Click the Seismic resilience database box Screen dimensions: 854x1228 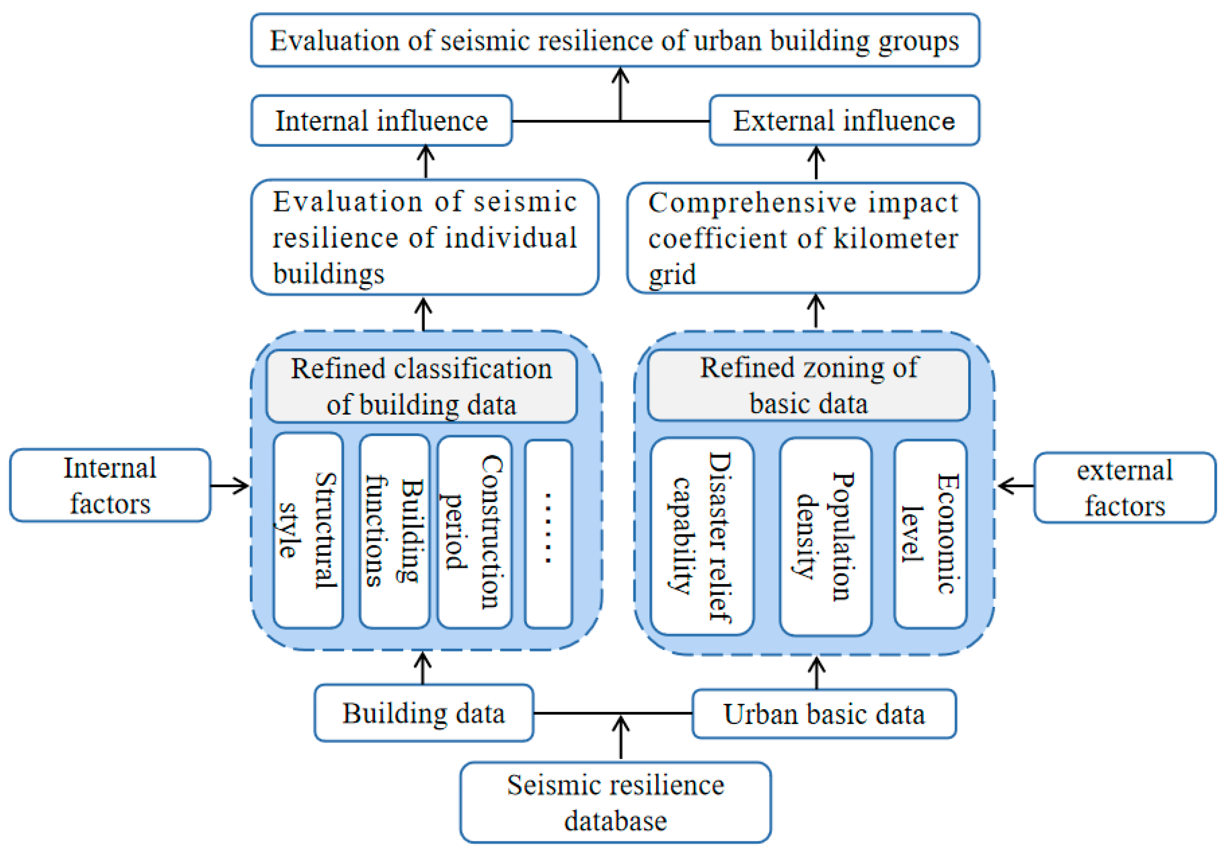[615, 802]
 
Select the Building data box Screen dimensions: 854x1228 [424, 713]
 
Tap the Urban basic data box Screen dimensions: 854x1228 [824, 714]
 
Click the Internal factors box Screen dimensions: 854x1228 [110, 485]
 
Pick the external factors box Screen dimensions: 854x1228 [1124, 488]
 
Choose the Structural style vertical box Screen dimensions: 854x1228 [308, 530]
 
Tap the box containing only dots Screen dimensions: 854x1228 [548, 534]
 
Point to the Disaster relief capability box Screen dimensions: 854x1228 [702, 536]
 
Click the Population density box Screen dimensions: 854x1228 [825, 536]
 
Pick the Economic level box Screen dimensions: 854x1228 [930, 534]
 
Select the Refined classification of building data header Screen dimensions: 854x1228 [421, 386]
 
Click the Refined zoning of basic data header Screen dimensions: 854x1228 [808, 385]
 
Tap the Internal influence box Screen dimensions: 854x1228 [381, 120]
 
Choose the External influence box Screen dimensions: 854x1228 [844, 120]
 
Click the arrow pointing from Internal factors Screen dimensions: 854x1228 [230, 486]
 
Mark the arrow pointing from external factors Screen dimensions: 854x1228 [1015, 486]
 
